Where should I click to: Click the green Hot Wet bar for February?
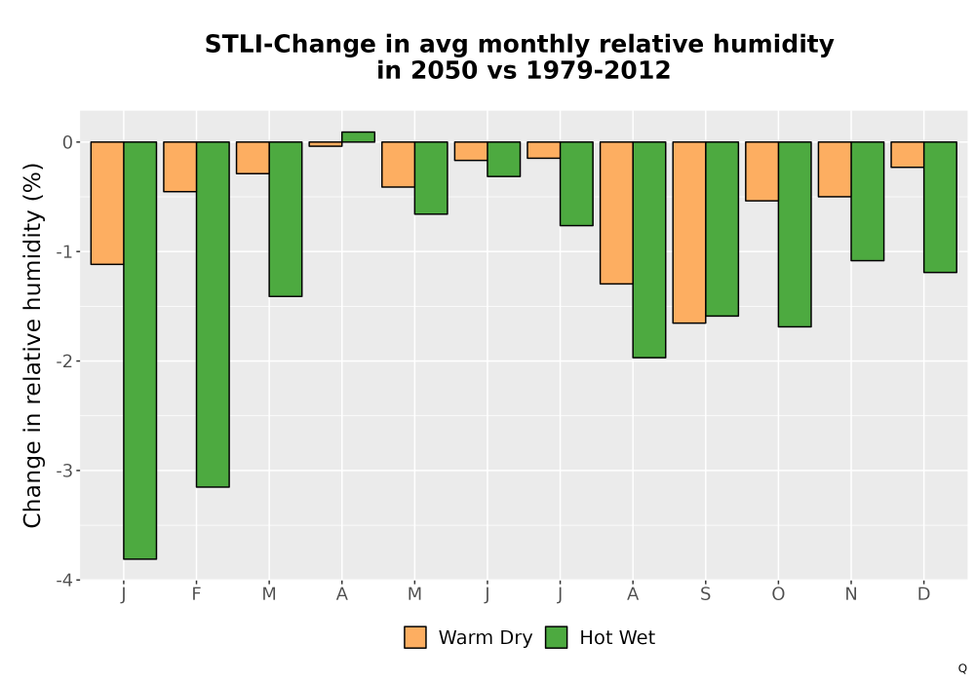(213, 315)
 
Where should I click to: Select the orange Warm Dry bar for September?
(689, 232)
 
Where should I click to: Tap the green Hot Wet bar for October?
(795, 234)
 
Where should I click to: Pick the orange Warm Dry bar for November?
(835, 169)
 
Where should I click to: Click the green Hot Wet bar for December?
(940, 207)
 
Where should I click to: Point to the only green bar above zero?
(358, 136)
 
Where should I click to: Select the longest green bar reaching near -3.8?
(139, 351)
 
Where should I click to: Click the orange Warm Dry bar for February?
(179, 167)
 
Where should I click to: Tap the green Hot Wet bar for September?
(721, 229)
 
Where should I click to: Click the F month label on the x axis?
(197, 594)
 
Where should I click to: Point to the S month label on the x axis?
(705, 594)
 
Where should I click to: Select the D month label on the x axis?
(923, 594)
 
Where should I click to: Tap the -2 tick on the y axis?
(64, 361)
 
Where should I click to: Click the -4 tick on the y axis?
(64, 580)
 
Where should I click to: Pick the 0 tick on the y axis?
(68, 142)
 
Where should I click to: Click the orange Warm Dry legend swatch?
(415, 637)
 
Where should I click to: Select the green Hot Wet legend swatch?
(557, 637)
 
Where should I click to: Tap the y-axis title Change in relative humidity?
(32, 345)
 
